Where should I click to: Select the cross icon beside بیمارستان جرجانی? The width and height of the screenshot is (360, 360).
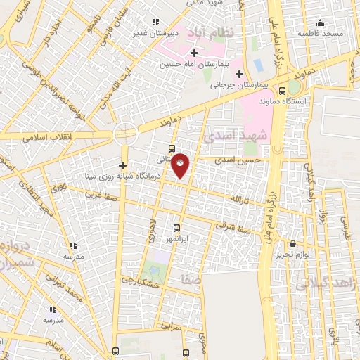(x=239, y=74)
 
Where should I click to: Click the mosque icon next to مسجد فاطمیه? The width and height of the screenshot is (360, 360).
(x=321, y=22)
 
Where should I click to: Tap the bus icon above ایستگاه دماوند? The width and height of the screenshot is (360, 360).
(x=282, y=91)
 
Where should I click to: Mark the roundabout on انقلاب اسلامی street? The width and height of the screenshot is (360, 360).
(x=125, y=131)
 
